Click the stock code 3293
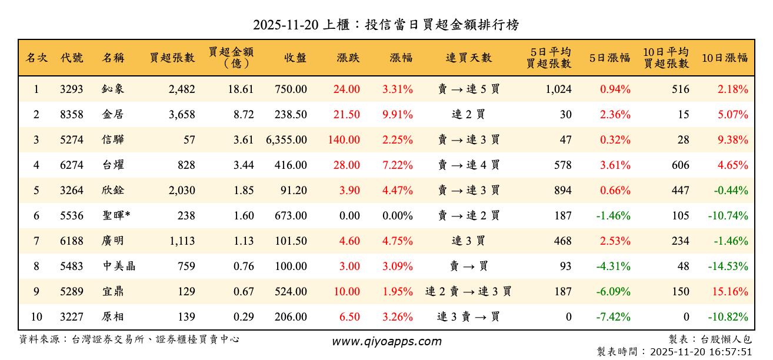pyautogui.click(x=72, y=89)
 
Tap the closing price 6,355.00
pyautogui.click(x=286, y=140)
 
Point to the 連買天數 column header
pyautogui.click(x=468, y=58)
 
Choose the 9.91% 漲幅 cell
pyautogui.click(x=398, y=115)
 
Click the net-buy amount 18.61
pyautogui.click(x=241, y=89)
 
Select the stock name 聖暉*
pyautogui.click(x=116, y=216)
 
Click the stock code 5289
pyautogui.click(x=72, y=292)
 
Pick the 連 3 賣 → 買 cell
pyautogui.click(x=468, y=317)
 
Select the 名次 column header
pyautogui.click(x=36, y=58)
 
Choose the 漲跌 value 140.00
pyautogui.click(x=344, y=140)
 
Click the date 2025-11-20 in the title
pyautogui.click(x=285, y=25)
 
